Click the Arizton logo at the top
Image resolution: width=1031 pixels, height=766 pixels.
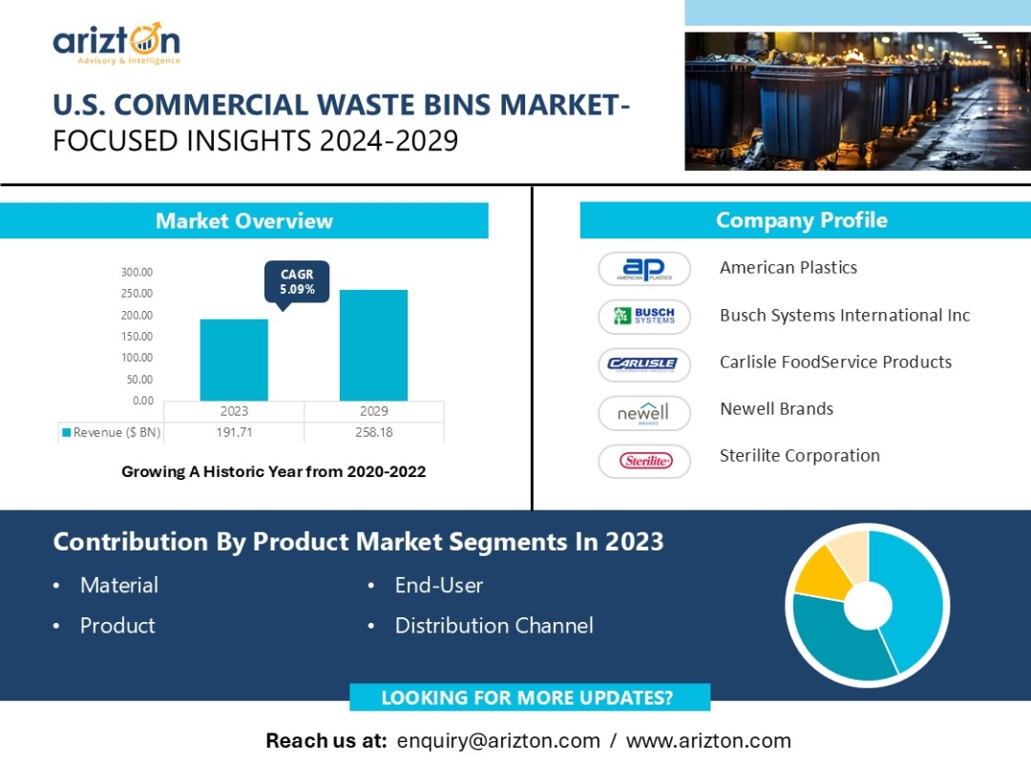[116, 43]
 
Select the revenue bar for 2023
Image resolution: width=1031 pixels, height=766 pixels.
[234, 360]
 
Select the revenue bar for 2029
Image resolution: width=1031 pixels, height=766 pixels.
[373, 345]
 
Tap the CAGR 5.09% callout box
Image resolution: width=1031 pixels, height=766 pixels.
[297, 282]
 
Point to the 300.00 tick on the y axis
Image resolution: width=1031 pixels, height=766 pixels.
[137, 272]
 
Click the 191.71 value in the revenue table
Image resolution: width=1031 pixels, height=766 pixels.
[234, 432]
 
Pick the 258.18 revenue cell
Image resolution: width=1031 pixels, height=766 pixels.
[373, 432]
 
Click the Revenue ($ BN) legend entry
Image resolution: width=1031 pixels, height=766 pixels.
[111, 432]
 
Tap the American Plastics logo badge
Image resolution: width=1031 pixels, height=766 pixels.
[644, 269]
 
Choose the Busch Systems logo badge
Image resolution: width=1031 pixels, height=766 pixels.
[644, 317]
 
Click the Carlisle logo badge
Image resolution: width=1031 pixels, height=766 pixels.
[644, 364]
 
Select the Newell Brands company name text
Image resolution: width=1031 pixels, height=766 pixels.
[776, 408]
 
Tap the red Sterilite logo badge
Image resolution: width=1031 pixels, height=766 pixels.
[644, 461]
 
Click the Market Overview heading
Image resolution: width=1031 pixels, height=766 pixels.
[244, 220]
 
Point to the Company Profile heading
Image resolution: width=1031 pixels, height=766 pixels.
[802, 220]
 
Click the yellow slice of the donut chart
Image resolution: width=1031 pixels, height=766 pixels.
[822, 575]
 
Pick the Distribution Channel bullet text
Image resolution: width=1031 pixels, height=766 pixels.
[494, 626]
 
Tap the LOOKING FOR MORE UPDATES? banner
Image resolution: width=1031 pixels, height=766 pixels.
[529, 697]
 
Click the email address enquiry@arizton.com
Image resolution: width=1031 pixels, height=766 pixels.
[498, 741]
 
